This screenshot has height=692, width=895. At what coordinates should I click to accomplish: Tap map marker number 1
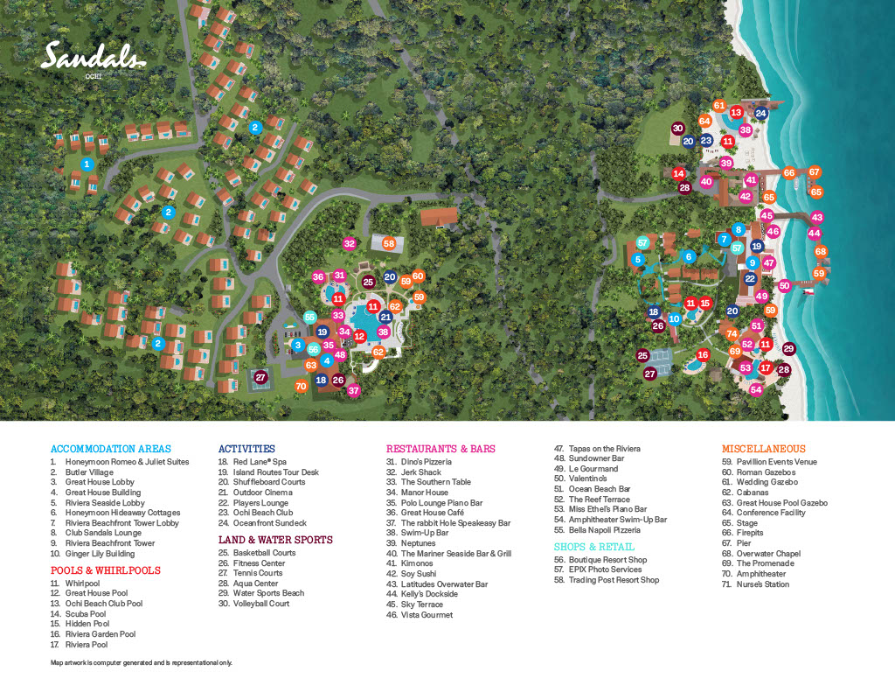click(87, 164)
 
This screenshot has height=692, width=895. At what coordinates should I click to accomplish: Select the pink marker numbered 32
click(350, 243)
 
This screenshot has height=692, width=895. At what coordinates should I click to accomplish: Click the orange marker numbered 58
click(389, 243)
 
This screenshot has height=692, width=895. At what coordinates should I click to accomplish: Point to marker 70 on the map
click(302, 386)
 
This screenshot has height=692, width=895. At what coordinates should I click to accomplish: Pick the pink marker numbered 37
click(354, 390)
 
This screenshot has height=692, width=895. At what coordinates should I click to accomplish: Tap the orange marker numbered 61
click(719, 106)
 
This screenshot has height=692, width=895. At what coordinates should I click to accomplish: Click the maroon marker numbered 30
click(677, 129)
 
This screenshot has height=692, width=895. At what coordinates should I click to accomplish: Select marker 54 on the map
click(756, 390)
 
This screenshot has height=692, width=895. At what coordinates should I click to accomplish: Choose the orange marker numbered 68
click(821, 252)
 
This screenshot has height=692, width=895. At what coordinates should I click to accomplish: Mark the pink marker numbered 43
click(817, 217)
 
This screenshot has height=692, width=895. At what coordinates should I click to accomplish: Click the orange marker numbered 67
click(815, 172)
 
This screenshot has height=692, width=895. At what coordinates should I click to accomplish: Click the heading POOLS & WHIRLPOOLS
click(105, 570)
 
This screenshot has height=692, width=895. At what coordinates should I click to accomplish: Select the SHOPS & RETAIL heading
click(593, 547)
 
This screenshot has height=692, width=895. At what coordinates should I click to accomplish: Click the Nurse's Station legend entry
click(762, 584)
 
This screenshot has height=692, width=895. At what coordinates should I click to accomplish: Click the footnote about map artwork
click(142, 663)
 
